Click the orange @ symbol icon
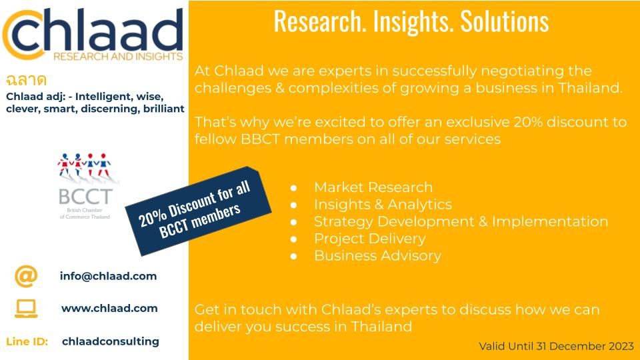(26, 276)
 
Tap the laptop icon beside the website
(26, 309)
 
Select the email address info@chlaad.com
(108, 276)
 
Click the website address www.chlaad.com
(109, 308)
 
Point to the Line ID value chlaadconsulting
(111, 341)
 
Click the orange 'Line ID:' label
(27, 341)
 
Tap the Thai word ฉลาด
(26, 79)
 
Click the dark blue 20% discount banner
(199, 211)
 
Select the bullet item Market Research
(373, 187)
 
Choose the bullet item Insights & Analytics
(383, 205)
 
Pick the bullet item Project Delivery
(370, 239)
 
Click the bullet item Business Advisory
(377, 256)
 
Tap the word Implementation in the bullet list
(550, 221)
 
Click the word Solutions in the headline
(505, 21)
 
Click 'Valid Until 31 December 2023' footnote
(556, 346)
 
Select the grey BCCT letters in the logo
(85, 197)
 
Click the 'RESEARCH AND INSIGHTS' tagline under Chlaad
(118, 56)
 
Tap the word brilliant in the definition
(164, 109)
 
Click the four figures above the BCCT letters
(85, 165)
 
